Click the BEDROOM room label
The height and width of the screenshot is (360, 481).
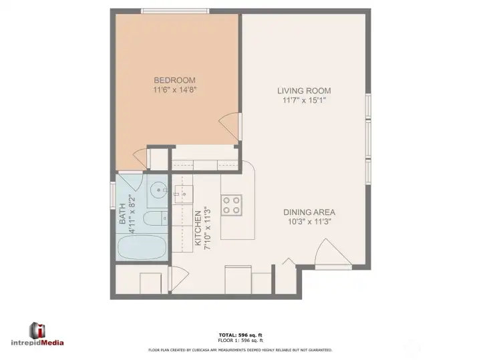click(174, 79)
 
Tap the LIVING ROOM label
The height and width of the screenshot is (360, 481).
click(305, 91)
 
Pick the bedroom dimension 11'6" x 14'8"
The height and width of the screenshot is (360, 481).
click(174, 89)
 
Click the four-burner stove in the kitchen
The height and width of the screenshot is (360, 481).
click(232, 204)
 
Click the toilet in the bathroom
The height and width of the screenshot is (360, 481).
click(156, 218)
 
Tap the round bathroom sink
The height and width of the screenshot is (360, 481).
click(158, 190)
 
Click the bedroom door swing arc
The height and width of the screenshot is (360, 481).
click(229, 126)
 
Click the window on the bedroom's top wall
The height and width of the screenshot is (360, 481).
click(175, 11)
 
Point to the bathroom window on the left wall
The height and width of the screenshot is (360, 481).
click(112, 196)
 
